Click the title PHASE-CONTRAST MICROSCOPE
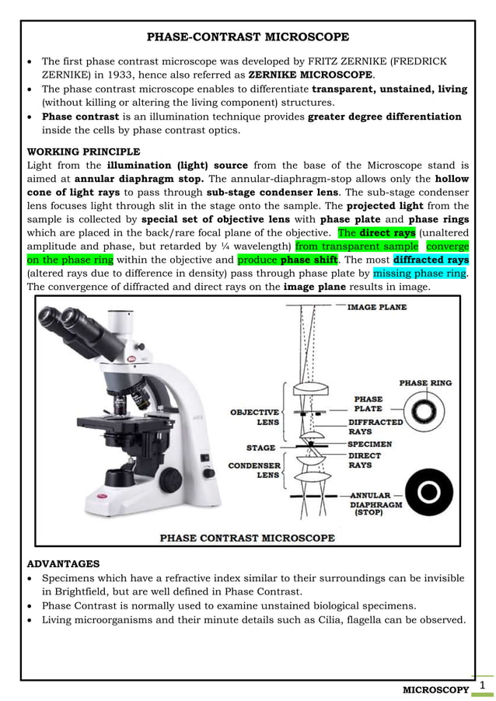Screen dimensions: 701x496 [248, 37]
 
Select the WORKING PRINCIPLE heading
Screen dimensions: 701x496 [83, 151]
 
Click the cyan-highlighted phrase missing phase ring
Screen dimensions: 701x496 [421, 273]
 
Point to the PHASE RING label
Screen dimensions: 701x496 [424, 383]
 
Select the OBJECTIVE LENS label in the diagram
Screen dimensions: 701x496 [254, 417]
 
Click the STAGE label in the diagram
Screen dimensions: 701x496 [260, 448]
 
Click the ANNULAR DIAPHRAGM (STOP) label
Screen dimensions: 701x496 [375, 504]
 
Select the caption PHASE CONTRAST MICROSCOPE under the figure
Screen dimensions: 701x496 [247, 538]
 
